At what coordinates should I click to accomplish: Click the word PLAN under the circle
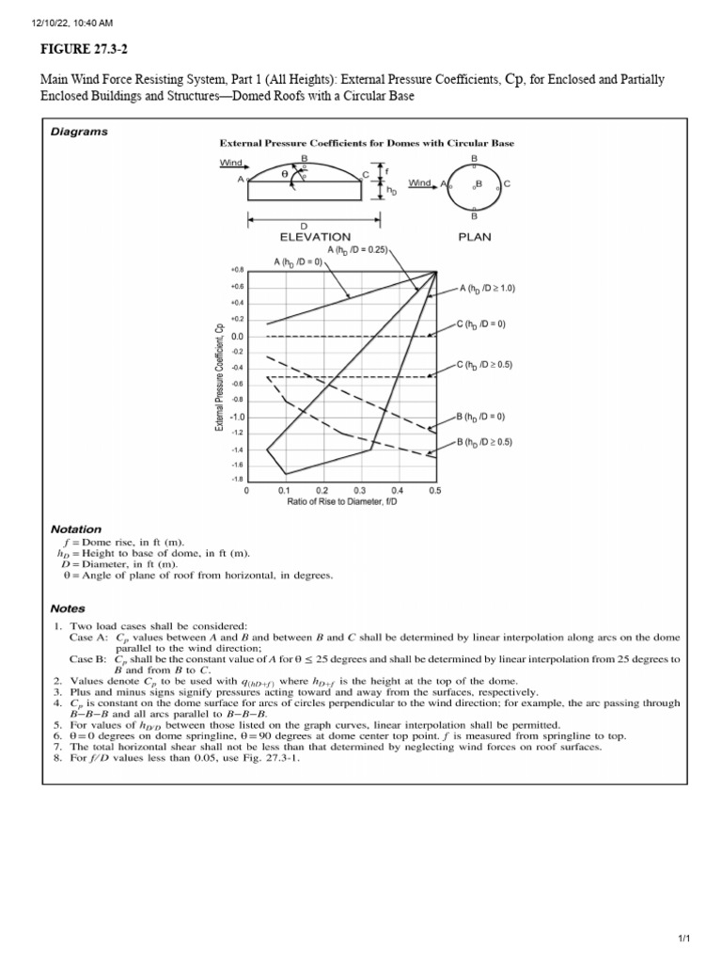475,237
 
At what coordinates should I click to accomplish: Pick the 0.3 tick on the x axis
360,490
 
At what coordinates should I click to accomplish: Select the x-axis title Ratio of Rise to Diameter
342,502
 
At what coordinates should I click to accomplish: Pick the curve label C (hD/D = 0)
481,324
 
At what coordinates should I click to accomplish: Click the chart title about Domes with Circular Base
367,144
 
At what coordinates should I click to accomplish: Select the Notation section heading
78,529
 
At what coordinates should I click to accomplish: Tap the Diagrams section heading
80,132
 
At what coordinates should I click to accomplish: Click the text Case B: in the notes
89,658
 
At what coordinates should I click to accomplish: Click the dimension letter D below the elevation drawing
304,227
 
